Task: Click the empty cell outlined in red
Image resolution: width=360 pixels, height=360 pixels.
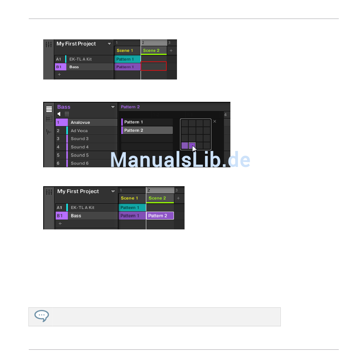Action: click(x=153, y=67)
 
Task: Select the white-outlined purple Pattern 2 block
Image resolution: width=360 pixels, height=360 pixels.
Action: click(x=160, y=216)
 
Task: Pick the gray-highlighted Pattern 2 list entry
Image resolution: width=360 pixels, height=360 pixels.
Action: click(x=147, y=130)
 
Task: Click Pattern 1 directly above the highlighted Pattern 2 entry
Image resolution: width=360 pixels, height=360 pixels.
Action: click(x=147, y=122)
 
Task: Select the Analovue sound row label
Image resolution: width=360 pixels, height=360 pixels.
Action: click(x=80, y=122)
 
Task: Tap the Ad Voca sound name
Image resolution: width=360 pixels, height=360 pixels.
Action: click(x=79, y=131)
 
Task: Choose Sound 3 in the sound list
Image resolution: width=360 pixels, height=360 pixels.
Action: click(x=80, y=139)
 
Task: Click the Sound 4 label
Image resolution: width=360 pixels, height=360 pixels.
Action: click(x=80, y=147)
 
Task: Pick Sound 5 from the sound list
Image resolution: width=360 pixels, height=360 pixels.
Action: click(x=80, y=155)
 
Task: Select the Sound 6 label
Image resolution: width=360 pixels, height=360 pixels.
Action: click(x=80, y=163)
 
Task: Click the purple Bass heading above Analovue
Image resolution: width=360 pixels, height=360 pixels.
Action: click(x=64, y=107)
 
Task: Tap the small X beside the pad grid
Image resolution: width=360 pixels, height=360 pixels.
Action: click(x=214, y=122)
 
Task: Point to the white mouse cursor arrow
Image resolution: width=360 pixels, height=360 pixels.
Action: click(x=194, y=148)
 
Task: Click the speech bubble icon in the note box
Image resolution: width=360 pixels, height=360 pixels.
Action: click(x=41, y=316)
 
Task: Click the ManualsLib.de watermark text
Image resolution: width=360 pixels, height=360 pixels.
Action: click(x=180, y=160)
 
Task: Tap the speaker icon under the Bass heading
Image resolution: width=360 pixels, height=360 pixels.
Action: click(x=59, y=114)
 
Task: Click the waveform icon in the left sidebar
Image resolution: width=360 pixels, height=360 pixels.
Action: click(x=49, y=132)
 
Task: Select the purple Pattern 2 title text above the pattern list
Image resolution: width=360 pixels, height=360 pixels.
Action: click(x=130, y=107)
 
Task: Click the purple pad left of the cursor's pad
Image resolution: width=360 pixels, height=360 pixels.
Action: click(x=185, y=145)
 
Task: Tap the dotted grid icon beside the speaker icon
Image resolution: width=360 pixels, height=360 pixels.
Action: click(x=67, y=114)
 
